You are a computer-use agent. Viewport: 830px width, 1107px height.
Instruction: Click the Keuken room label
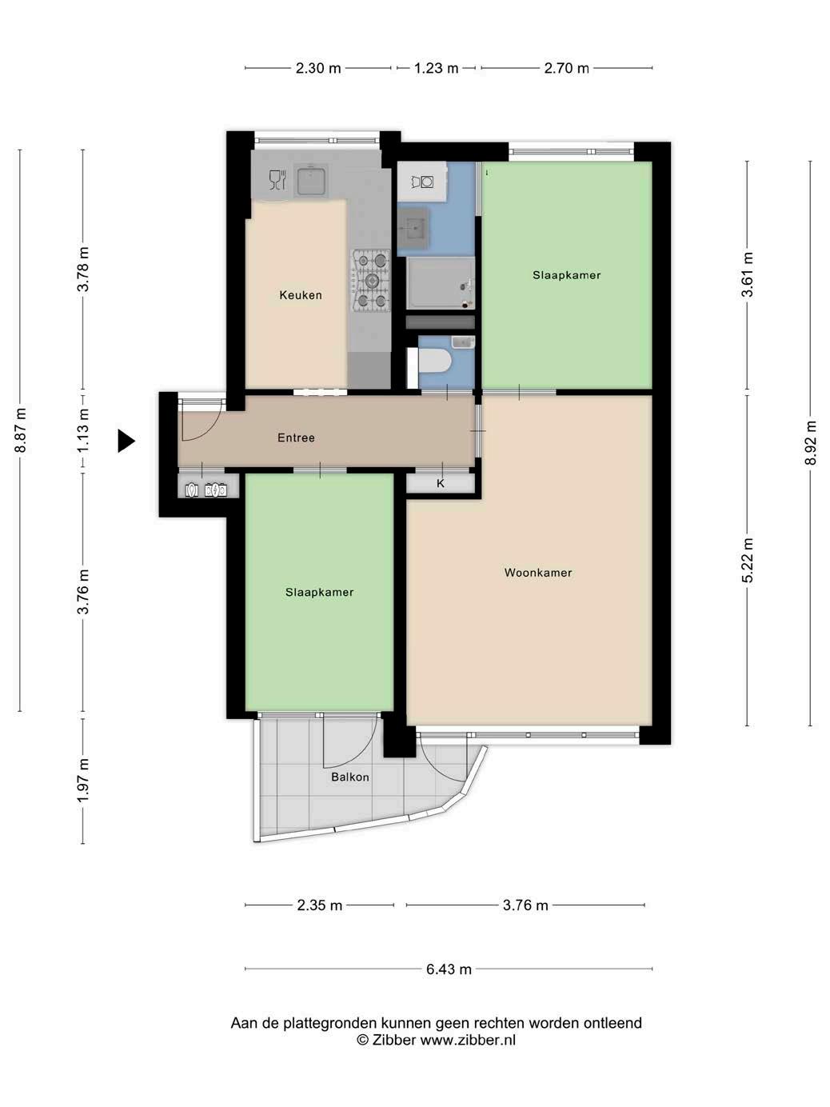point(301,295)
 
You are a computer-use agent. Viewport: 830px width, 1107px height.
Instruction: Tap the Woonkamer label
point(537,573)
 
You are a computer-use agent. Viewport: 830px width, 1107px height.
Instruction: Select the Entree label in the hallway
point(296,438)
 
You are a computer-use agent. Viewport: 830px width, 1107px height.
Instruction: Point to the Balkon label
point(349,777)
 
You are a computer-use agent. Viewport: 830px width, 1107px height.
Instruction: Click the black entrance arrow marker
point(126,441)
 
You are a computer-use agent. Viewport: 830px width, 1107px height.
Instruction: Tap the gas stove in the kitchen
point(371,281)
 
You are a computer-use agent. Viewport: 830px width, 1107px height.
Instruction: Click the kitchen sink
point(311,180)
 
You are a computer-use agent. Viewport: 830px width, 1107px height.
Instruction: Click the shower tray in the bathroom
point(441,283)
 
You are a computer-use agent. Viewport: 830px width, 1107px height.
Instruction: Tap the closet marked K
point(441,484)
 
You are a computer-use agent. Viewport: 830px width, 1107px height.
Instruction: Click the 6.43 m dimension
point(449,969)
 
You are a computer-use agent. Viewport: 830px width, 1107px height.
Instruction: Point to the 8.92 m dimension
point(810,443)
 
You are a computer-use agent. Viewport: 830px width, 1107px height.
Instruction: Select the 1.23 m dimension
point(436,67)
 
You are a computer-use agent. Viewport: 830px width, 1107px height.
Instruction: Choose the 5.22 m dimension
point(748,561)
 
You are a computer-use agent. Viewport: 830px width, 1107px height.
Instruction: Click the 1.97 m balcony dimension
point(83,781)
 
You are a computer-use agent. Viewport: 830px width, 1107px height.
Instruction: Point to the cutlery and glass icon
point(277,180)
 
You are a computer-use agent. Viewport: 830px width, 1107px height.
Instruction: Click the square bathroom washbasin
point(413,230)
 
